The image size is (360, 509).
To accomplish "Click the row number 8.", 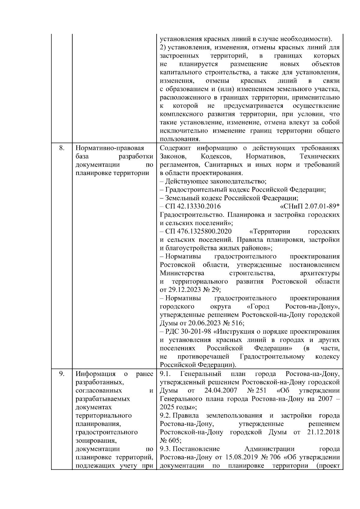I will [61, 148].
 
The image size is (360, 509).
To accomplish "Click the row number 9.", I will [61, 374].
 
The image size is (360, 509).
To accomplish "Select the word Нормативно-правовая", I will [110, 148].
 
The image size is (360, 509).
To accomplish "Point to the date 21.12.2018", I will [323, 432].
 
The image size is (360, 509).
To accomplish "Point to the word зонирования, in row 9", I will [96, 441].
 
